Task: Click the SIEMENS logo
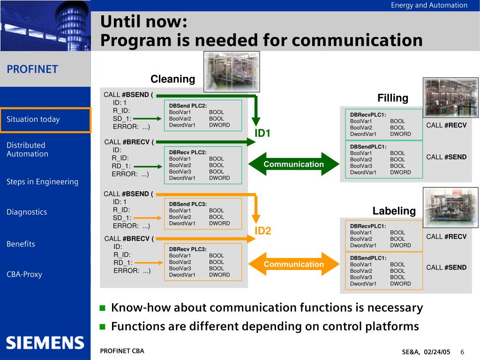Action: pos(45,343)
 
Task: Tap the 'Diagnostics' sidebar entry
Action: pos(27,212)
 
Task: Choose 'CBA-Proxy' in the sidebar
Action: pos(24,274)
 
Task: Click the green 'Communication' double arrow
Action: pos(293,164)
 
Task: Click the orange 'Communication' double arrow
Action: pos(293,264)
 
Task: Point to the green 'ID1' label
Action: pos(262,134)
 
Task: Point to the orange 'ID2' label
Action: pos(262,231)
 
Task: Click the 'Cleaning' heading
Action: pos(172,79)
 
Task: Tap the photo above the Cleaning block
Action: pos(231,71)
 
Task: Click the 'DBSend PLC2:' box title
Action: pos(188,105)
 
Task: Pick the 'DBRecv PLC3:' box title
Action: pos(187,249)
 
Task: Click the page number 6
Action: pos(462,352)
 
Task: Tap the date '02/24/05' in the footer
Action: pos(437,352)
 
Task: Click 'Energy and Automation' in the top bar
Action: pos(429,5)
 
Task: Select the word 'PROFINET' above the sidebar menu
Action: pos(32,69)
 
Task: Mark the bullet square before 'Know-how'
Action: pos(103,308)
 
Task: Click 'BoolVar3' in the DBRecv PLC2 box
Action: pos(180,172)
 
